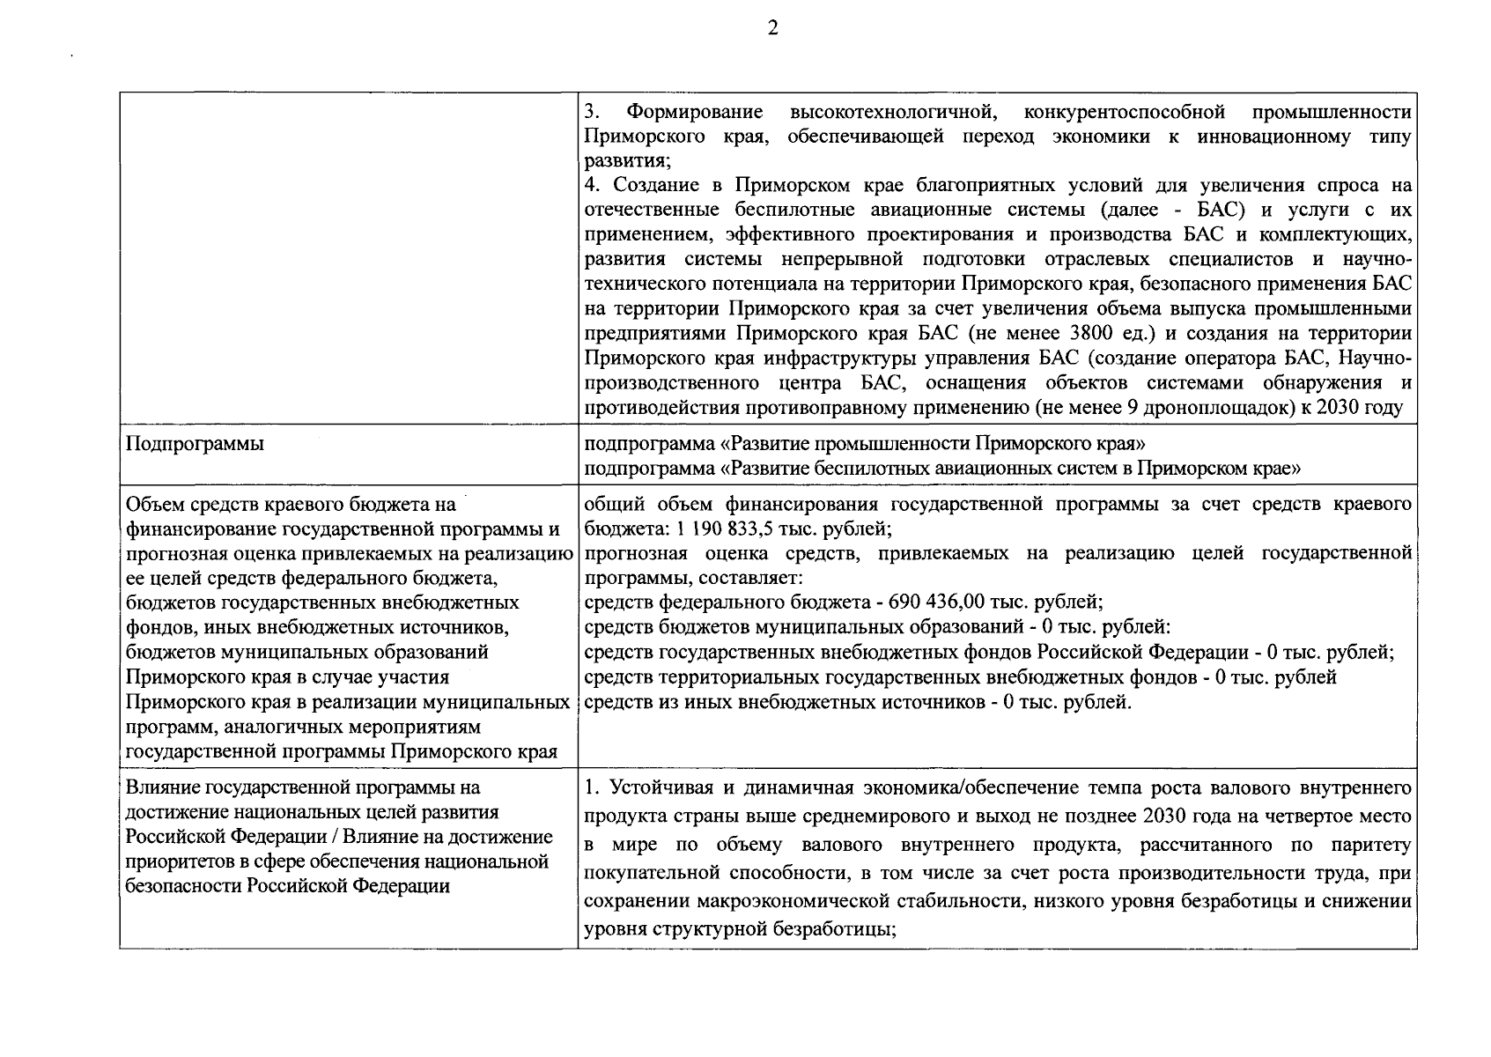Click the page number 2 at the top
click(772, 28)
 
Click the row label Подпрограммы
click(195, 444)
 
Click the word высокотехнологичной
click(892, 113)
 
